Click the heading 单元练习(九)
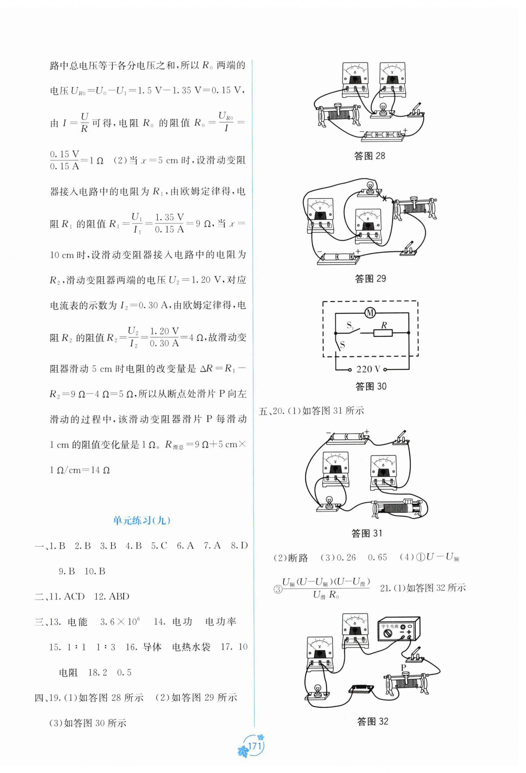(x=142, y=520)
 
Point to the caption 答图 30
(x=371, y=386)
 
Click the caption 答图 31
(x=366, y=534)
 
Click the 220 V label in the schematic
(x=368, y=369)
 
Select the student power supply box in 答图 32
(x=399, y=629)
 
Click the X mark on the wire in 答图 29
(x=385, y=199)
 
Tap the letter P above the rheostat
(x=403, y=668)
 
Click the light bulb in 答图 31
(x=329, y=501)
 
